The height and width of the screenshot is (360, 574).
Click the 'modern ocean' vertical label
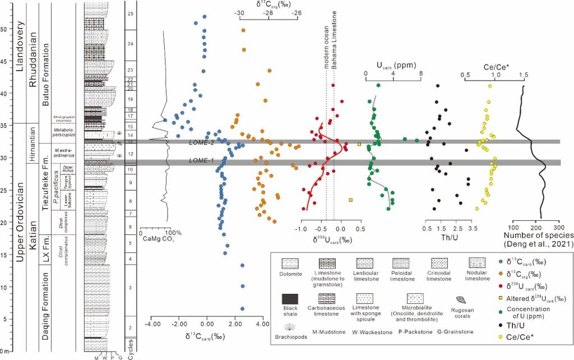[327, 44]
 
